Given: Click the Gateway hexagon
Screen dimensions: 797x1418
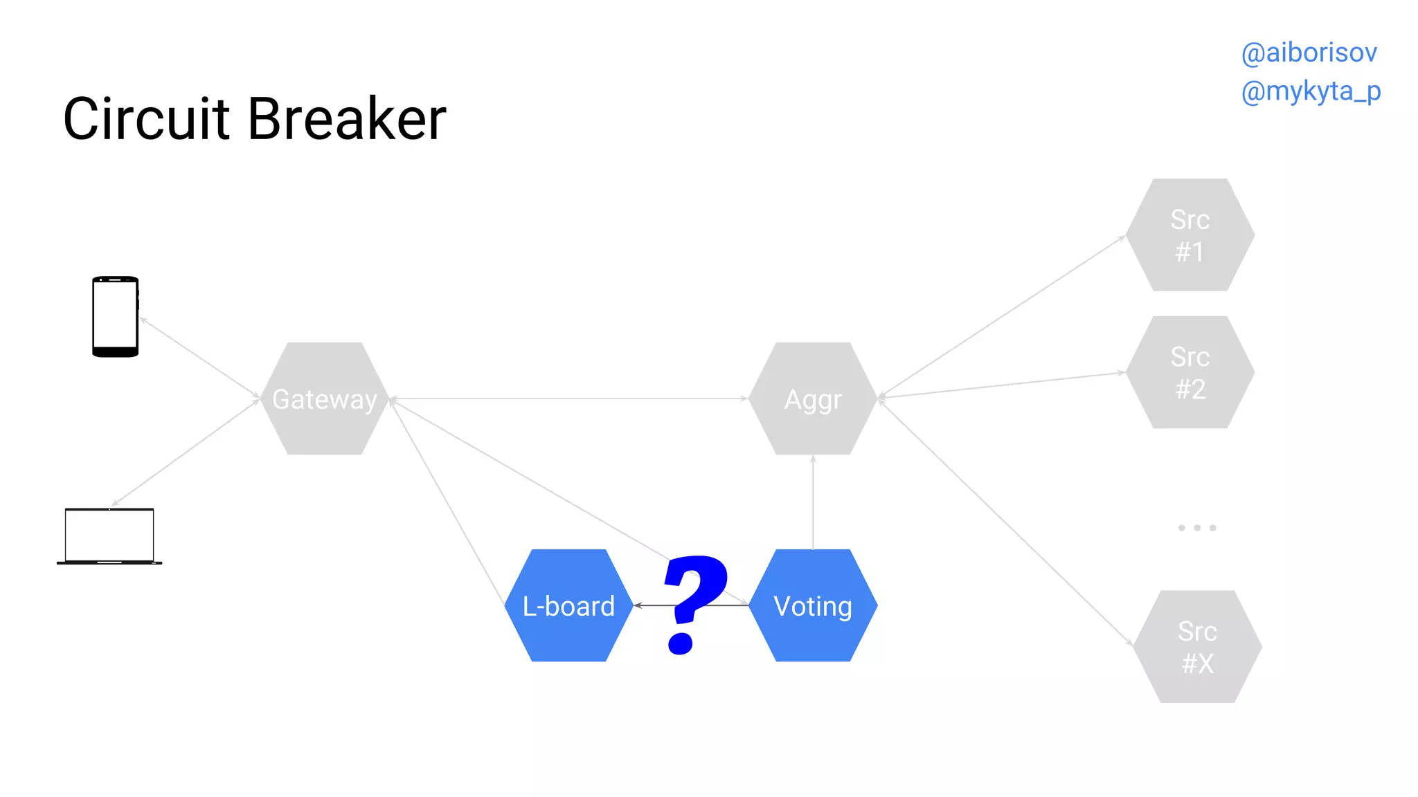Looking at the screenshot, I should coord(325,398).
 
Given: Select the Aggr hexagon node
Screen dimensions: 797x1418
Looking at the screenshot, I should coord(813,398).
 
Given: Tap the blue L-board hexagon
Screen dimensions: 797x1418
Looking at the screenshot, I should coord(568,605).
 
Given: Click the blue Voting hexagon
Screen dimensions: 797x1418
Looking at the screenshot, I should coord(813,605).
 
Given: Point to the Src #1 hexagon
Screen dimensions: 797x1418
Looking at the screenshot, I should coord(1190,235).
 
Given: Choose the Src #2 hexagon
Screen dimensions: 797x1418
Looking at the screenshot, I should coord(1190,372).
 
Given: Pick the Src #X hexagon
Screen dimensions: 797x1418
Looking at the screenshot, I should coord(1197,647).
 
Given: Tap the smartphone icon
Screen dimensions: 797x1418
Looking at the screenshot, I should coord(116,316).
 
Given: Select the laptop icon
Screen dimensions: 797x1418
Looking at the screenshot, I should coord(109,536).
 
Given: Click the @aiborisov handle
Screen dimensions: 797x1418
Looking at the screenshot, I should coord(1309,53).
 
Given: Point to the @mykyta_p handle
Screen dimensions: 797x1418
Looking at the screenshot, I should coord(1311,91).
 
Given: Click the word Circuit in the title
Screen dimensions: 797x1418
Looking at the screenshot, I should coord(146,119).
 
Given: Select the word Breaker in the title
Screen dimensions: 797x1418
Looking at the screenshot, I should coord(347,119).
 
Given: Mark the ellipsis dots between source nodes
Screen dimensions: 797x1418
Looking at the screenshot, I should coord(1197,528).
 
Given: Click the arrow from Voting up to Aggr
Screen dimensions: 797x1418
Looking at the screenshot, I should coord(813,502).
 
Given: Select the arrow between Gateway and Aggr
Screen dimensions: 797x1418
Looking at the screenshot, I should coord(568,398).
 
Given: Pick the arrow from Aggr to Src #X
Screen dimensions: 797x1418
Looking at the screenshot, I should coord(1004,522).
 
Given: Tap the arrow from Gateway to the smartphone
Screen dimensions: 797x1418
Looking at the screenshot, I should coord(199,357).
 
